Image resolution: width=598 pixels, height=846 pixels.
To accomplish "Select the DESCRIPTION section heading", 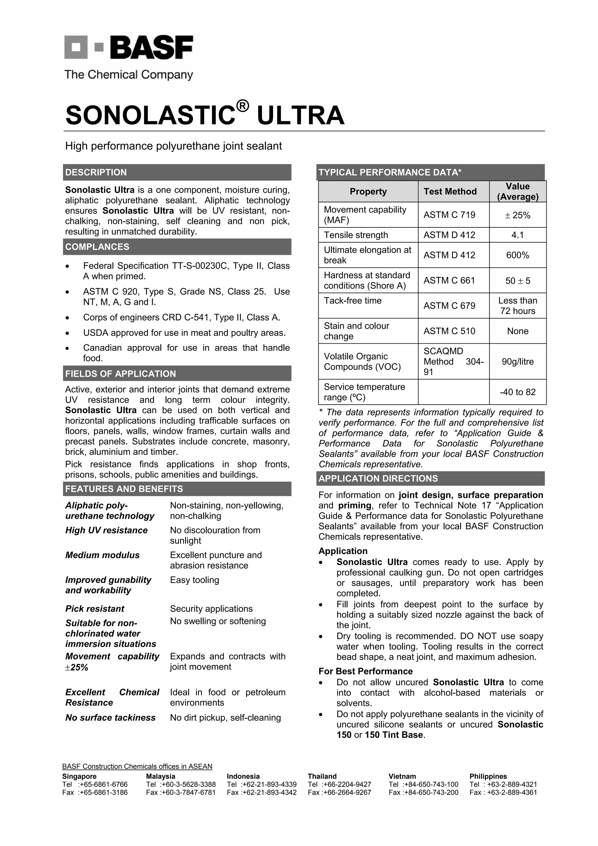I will pos(96,173).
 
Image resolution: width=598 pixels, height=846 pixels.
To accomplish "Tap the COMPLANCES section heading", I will pos(97,247).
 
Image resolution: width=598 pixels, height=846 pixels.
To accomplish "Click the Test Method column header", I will pos(450,192).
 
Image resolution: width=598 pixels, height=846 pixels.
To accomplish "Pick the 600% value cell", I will pos(517,255).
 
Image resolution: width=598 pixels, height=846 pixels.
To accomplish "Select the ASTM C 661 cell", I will pos(449,281).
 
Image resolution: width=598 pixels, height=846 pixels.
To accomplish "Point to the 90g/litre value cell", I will pos(517,361).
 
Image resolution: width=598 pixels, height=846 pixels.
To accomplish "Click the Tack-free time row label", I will pos(353,301).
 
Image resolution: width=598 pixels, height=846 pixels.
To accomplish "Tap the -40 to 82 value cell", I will pos(517,392).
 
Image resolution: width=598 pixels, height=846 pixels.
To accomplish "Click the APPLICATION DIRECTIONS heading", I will pos(378,479).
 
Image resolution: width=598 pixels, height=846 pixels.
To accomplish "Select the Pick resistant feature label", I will pos(95,609).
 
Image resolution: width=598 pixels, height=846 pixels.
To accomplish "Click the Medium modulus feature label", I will pos(102,555).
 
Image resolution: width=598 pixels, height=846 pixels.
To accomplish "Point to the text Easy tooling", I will pos(194,580).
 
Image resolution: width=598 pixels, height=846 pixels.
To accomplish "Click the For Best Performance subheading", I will pos(366,671).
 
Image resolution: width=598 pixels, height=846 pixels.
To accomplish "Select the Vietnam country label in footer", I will pos(402,776).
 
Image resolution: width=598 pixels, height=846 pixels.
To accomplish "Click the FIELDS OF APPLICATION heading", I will pos(121,374).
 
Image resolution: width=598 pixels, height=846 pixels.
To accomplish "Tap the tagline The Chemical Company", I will pos(128,75).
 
